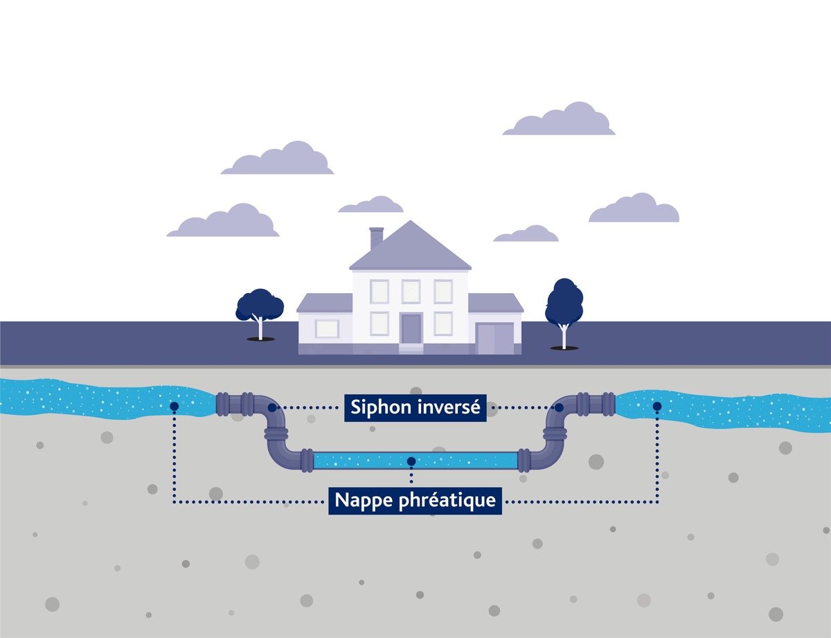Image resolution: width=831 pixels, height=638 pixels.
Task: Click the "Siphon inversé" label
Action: (415, 407)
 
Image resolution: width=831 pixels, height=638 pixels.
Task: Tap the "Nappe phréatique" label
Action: (415, 499)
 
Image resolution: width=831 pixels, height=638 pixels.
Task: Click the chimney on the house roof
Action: (377, 238)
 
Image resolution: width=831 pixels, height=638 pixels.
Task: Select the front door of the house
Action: (411, 328)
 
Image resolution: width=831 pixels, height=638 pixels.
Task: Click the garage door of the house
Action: (494, 338)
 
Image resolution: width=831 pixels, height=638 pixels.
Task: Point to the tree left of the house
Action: (260, 308)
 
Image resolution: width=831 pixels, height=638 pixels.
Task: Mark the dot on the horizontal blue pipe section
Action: (411, 461)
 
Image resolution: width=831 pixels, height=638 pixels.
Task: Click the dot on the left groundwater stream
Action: (174, 406)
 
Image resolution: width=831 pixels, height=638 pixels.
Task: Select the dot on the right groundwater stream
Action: (656, 406)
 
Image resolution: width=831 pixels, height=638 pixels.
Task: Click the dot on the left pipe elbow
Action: (272, 407)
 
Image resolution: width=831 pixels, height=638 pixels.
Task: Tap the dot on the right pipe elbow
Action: (558, 407)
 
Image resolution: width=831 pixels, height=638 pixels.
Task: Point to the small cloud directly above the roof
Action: (371, 205)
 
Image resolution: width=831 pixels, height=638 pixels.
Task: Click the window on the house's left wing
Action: (327, 328)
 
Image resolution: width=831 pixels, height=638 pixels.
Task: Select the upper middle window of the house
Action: (411, 291)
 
